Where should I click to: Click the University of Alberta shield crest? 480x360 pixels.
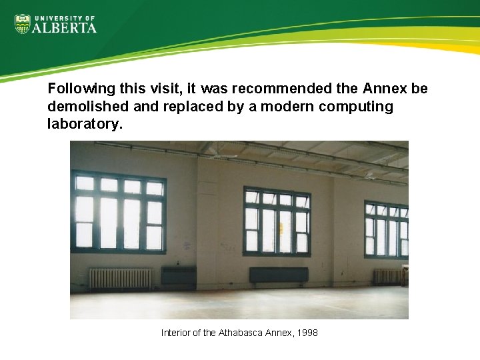point(22,24)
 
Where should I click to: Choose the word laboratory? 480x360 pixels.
point(85,124)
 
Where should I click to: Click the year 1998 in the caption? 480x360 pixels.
point(307,332)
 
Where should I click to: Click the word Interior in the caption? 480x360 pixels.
point(176,332)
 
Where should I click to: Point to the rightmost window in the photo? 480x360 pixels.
point(386,229)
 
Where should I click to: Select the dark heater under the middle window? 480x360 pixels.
point(279,275)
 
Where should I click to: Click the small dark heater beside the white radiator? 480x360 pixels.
point(179,276)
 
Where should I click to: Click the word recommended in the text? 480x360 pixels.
point(289,89)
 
